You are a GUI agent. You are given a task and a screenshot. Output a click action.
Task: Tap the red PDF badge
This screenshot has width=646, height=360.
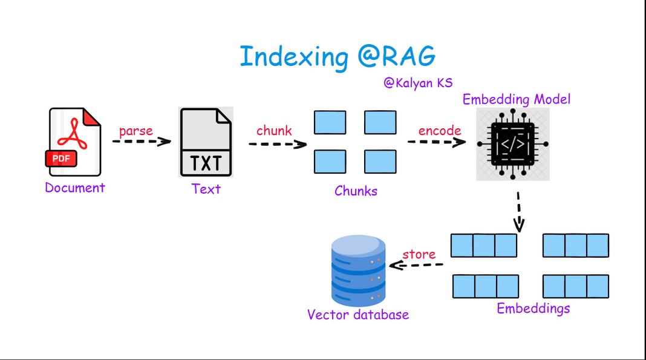pyautogui.click(x=61, y=159)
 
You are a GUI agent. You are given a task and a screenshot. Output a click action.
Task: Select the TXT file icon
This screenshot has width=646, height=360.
pyautogui.click(x=206, y=142)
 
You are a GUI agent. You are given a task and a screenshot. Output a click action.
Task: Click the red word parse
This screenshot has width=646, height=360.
pyautogui.click(x=136, y=131)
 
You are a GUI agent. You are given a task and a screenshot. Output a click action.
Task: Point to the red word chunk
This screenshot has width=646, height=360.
pyautogui.click(x=274, y=131)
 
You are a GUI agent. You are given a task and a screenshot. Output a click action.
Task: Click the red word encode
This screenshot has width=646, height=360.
pyautogui.click(x=440, y=131)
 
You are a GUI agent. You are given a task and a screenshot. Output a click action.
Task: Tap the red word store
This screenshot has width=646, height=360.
pyautogui.click(x=419, y=254)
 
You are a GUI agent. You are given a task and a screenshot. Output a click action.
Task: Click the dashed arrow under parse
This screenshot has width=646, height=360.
pyautogui.click(x=142, y=142)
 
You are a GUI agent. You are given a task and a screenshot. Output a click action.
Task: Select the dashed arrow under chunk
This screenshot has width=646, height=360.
pyautogui.click(x=278, y=144)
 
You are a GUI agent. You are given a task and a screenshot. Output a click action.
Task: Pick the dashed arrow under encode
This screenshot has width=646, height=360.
pyautogui.click(x=437, y=142)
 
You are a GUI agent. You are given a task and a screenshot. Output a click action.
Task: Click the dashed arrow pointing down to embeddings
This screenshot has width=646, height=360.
pyautogui.click(x=519, y=212)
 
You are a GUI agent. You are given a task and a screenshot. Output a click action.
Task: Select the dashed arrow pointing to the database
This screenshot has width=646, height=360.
pyautogui.click(x=416, y=265)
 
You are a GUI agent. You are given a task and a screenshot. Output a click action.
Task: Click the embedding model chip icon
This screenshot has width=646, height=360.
pyautogui.click(x=513, y=144)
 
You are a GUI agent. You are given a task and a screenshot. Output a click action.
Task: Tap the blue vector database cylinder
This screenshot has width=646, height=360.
pyautogui.click(x=359, y=270)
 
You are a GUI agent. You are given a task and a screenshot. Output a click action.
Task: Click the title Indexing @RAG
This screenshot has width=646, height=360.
pyautogui.click(x=338, y=56)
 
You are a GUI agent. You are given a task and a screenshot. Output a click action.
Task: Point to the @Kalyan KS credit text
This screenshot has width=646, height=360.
pyautogui.click(x=418, y=83)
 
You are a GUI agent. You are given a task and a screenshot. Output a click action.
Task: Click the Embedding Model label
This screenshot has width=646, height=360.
pyautogui.click(x=517, y=99)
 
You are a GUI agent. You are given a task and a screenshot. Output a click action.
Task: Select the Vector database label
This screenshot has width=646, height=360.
pyautogui.click(x=358, y=315)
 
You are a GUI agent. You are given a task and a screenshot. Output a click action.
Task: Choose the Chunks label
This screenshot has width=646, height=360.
pyautogui.click(x=356, y=191)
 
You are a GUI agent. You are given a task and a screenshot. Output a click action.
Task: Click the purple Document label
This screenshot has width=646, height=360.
pyautogui.click(x=75, y=188)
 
